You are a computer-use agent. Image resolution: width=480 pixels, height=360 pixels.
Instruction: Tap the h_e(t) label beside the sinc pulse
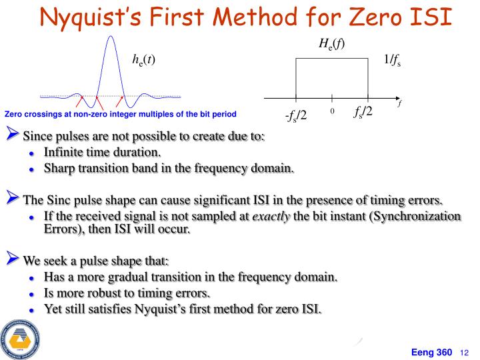click(x=143, y=59)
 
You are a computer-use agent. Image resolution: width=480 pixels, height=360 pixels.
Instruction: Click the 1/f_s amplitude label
click(x=392, y=61)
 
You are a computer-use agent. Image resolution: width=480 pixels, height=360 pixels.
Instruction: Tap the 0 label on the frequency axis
click(x=331, y=112)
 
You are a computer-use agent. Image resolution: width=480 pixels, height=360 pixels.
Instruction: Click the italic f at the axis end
click(x=399, y=104)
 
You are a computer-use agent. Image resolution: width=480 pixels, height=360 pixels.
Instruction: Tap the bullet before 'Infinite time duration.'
click(x=31, y=153)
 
